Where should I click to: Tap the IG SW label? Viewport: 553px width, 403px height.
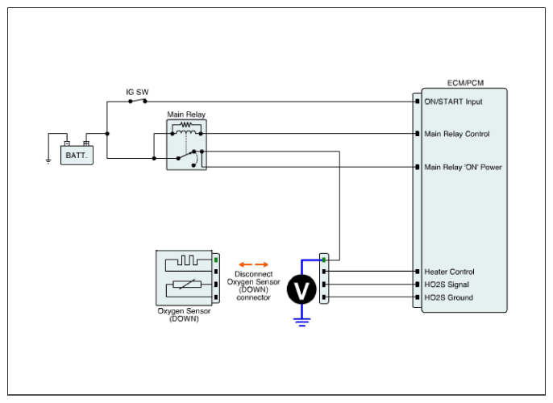(x=135, y=92)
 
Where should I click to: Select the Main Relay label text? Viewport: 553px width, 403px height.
(x=185, y=115)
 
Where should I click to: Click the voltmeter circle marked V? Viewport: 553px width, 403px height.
(x=302, y=291)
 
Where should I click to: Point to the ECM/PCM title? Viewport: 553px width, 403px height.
(x=465, y=83)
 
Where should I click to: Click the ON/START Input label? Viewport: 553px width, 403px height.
(x=453, y=102)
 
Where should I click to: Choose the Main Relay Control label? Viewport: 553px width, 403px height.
(x=456, y=134)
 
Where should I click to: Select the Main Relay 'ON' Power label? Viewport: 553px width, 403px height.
(x=463, y=168)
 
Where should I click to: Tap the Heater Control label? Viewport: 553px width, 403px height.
(x=449, y=272)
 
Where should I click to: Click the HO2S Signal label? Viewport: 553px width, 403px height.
(x=447, y=285)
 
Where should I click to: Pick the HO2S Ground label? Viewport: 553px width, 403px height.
(x=448, y=297)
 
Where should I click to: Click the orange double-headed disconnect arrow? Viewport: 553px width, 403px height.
(x=253, y=264)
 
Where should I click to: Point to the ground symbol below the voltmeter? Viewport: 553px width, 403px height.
(x=302, y=322)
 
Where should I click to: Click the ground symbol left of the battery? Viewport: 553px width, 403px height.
(x=48, y=160)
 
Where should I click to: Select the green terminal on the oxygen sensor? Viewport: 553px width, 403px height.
(x=217, y=261)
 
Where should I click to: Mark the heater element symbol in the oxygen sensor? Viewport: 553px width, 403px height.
(x=186, y=261)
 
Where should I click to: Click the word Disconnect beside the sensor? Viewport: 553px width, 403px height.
(x=254, y=274)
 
